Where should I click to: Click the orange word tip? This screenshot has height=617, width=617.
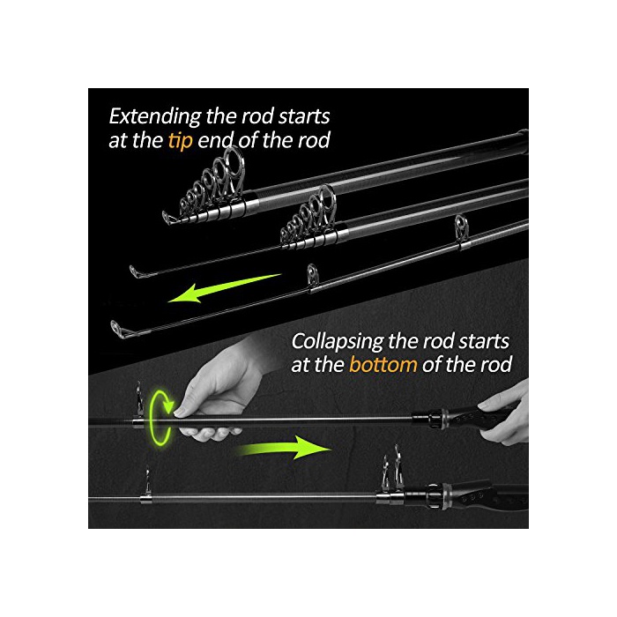pyautogui.click(x=180, y=141)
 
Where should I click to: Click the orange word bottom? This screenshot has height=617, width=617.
pyautogui.click(x=383, y=364)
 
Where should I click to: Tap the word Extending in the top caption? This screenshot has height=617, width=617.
pyautogui.click(x=155, y=117)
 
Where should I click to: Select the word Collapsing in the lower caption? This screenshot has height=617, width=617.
pyautogui.click(x=337, y=342)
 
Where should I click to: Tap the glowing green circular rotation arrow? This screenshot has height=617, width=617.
pyautogui.click(x=160, y=416)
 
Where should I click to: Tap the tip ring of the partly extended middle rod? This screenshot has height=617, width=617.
pyautogui.click(x=136, y=271)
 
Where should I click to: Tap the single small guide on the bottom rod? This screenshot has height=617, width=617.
pyautogui.click(x=146, y=483)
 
